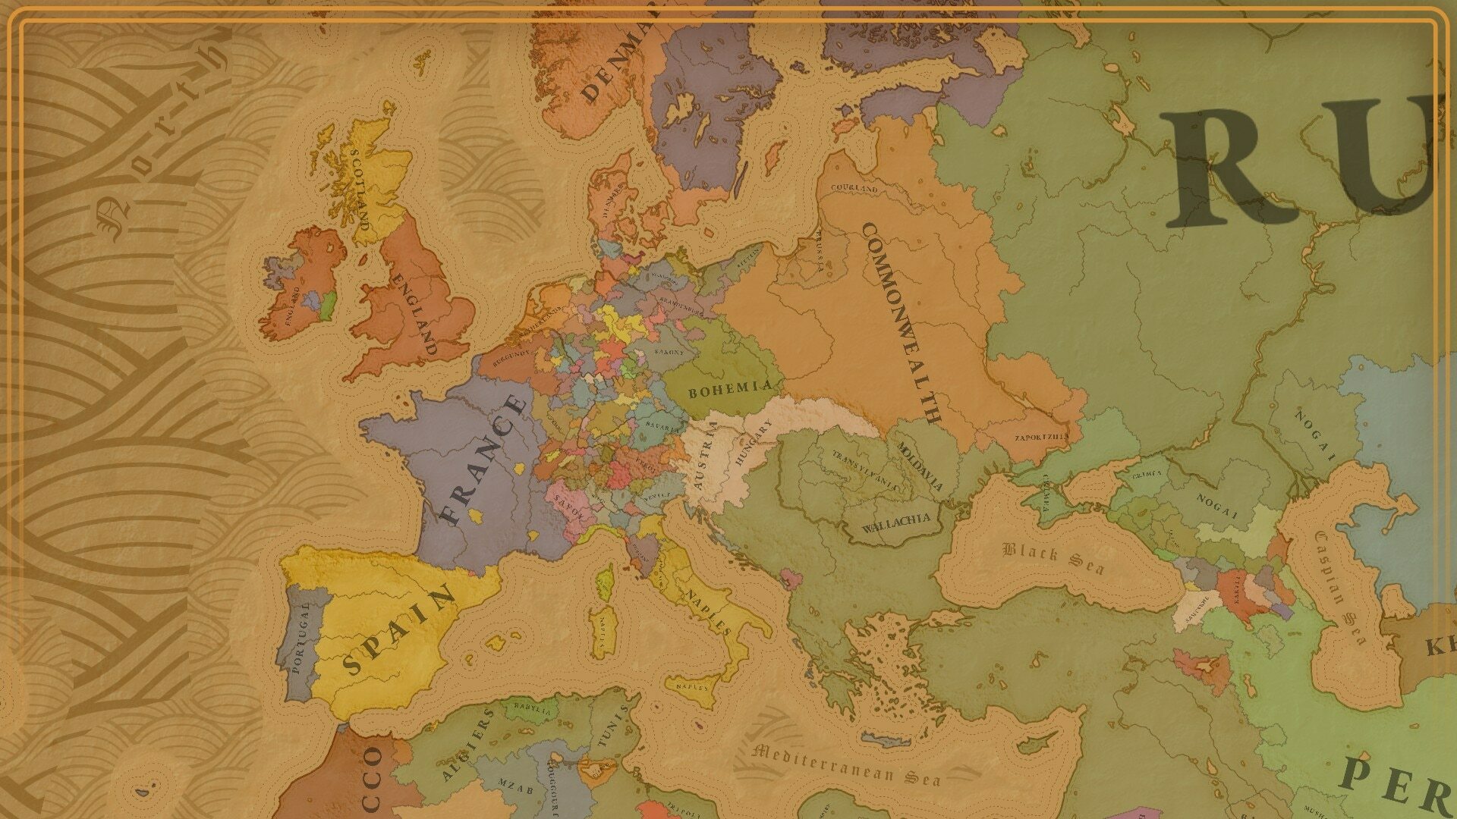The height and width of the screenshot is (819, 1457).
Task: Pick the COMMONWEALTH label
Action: tap(901, 322)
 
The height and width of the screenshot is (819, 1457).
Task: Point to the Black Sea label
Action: tap(1053, 557)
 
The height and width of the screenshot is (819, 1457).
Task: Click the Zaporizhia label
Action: tap(1041, 437)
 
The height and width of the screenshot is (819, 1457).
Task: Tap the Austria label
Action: tap(702, 457)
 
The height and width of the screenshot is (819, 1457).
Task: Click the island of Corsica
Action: tap(605, 582)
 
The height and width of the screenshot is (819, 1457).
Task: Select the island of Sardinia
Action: tap(605, 631)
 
